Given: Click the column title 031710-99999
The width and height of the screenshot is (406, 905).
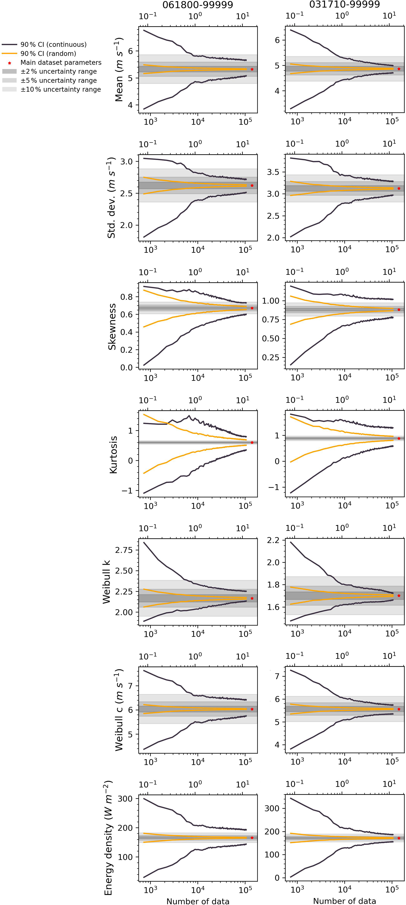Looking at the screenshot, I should [x=344, y=5].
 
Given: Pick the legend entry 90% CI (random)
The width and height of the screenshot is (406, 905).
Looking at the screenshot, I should [x=48, y=54].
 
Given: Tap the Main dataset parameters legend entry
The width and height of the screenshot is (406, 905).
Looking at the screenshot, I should [x=61, y=63].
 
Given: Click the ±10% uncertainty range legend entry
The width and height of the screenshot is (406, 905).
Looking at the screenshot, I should [x=60, y=90].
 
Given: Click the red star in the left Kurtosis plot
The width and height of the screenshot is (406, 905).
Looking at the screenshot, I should [x=252, y=442].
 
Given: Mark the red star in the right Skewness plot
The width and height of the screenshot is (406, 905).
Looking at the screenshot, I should [x=399, y=310].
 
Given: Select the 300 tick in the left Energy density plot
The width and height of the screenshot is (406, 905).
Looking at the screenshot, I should [x=125, y=799].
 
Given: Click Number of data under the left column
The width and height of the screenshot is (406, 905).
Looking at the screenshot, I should [x=198, y=901].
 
